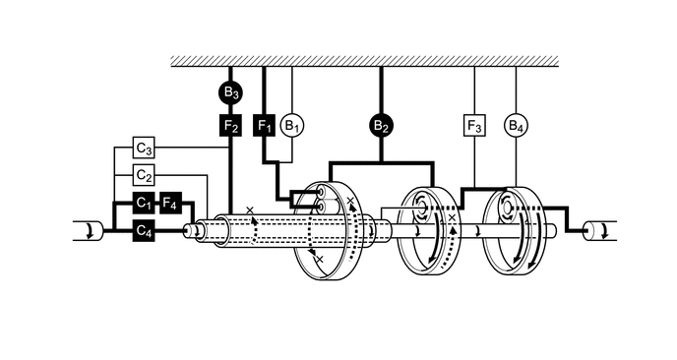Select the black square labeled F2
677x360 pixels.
(229, 125)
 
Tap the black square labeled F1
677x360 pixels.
(264, 125)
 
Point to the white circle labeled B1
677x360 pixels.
(291, 125)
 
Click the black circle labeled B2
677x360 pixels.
(381, 125)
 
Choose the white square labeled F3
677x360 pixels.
(474, 125)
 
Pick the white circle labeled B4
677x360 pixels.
(515, 125)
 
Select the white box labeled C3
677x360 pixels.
(145, 150)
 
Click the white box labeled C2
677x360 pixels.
(145, 176)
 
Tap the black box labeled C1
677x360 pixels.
(145, 204)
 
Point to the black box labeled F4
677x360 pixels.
(171, 204)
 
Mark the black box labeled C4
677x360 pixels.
(145, 231)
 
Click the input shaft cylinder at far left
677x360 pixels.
(86, 231)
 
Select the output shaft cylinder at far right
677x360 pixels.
(596, 231)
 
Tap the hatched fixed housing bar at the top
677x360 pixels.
(365, 60)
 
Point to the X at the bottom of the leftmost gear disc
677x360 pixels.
(318, 259)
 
